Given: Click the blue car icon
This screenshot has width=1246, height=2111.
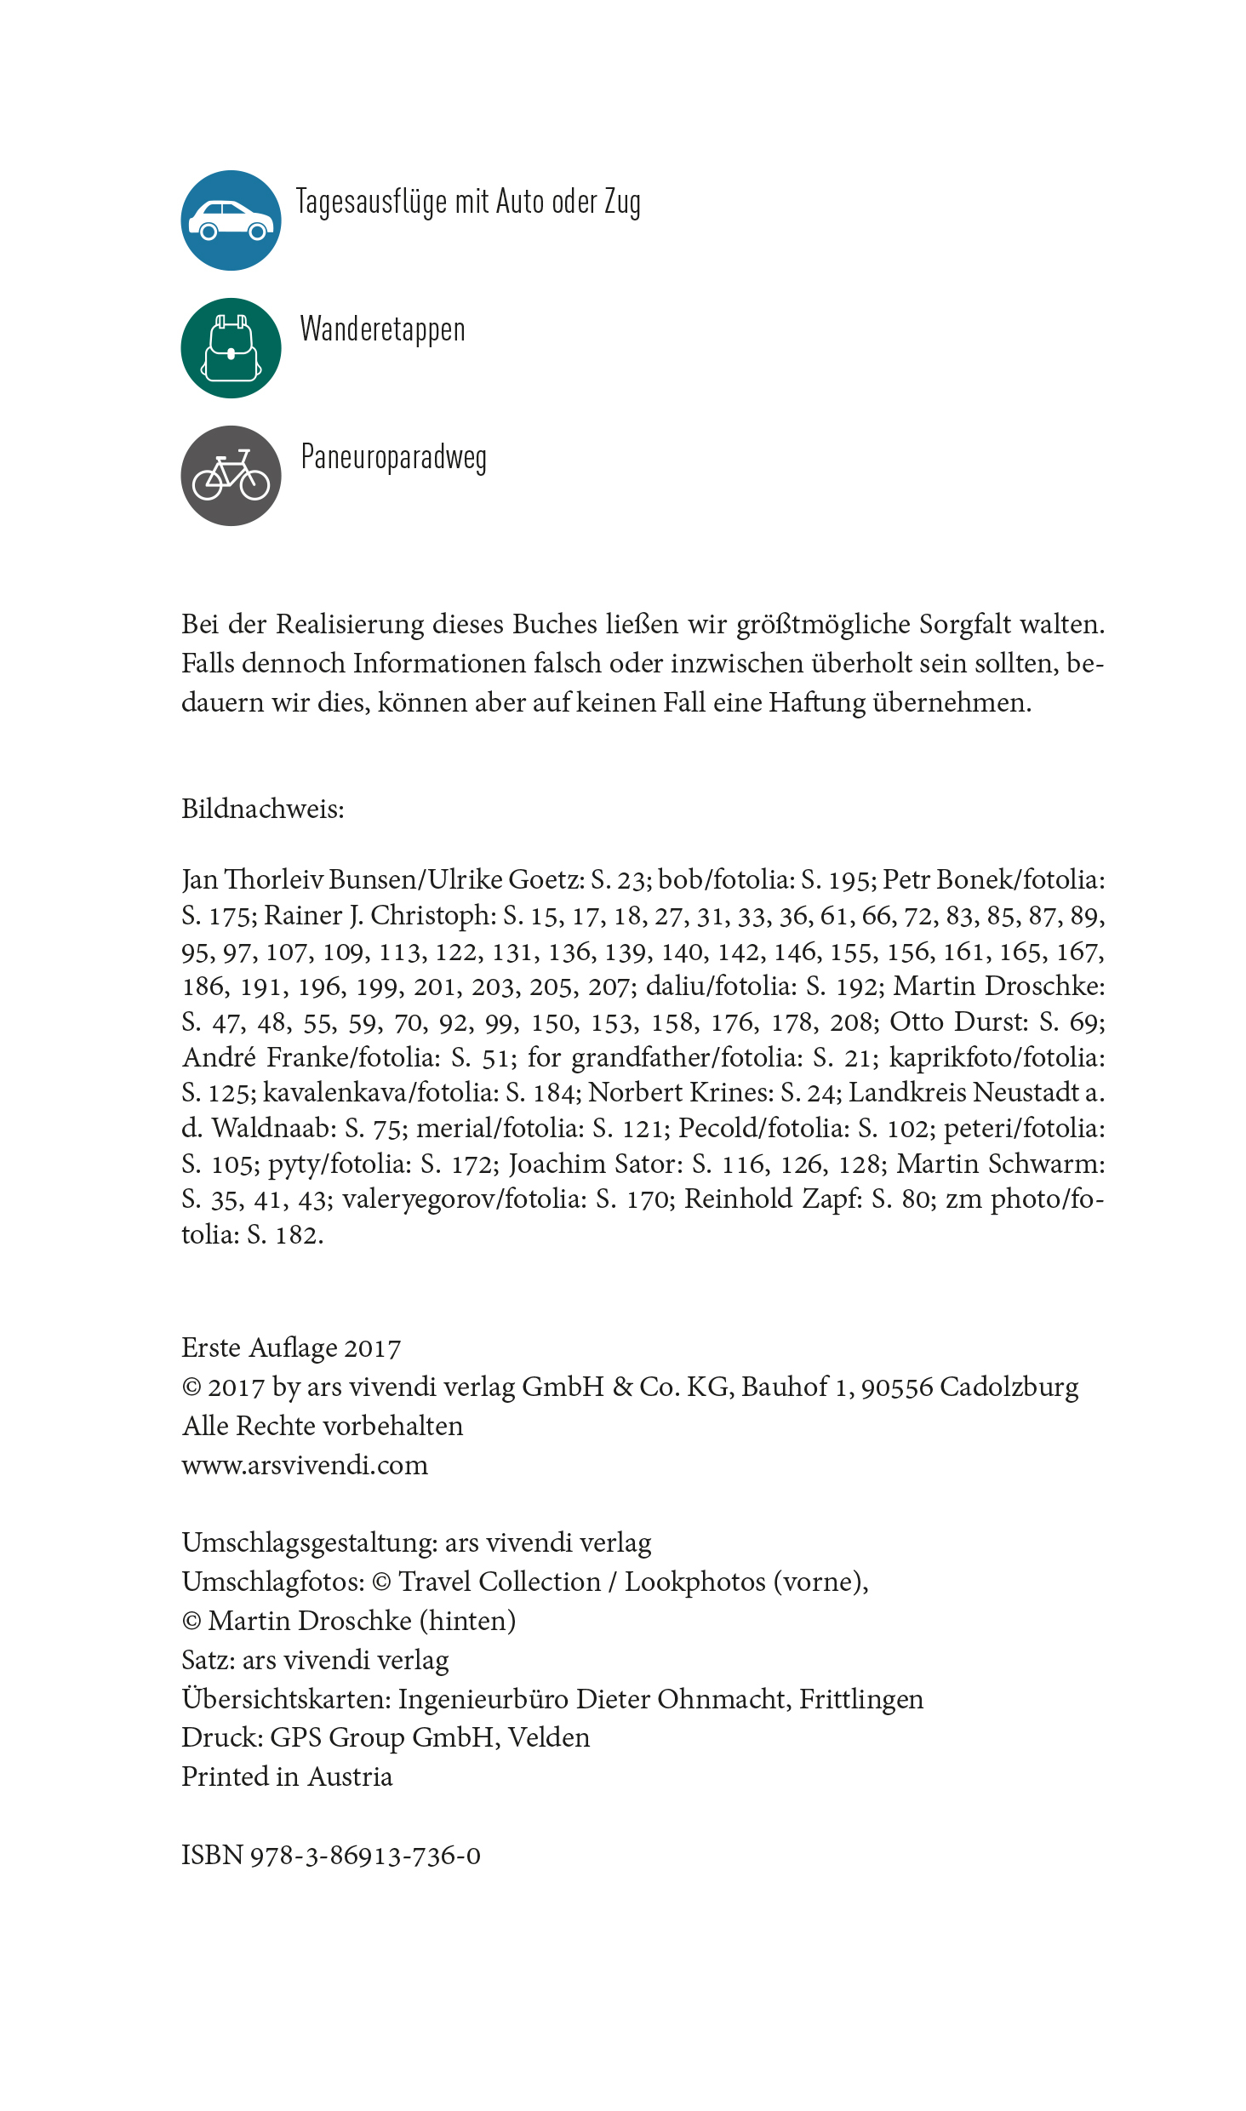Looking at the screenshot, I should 231,220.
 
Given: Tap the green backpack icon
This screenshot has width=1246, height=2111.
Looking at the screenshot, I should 231,348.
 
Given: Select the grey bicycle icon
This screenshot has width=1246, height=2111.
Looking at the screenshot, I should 231,476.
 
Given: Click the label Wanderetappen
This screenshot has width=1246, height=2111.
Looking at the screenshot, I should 382,329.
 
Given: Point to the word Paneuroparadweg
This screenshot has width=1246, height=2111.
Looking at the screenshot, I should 393,457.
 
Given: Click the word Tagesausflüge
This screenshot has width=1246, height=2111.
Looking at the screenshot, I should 371,203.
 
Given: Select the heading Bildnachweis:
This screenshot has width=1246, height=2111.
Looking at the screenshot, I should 263,809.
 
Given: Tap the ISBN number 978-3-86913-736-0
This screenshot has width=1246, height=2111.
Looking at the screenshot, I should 365,1855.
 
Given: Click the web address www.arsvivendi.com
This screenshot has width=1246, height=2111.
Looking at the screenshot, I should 305,1465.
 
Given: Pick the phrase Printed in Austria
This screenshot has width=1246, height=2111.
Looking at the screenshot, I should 287,1776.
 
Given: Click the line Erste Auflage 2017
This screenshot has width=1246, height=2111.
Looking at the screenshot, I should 291,1347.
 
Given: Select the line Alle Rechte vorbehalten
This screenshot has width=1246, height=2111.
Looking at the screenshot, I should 323,1426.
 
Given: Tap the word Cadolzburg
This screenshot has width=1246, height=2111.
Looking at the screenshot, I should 1009,1387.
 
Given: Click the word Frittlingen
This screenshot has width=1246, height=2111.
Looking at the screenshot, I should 860,1699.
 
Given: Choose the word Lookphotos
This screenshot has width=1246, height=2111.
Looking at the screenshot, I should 694,1582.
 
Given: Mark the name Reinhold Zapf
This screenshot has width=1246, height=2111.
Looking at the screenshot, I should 773,1199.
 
